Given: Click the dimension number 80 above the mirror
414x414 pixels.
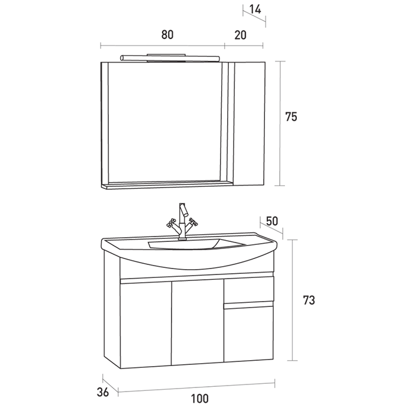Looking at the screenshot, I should tap(167, 35).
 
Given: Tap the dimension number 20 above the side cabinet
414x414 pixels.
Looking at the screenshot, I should tap(240, 35).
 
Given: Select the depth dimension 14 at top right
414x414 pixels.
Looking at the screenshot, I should tap(255, 9).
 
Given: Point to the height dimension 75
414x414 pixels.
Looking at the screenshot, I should tap(290, 117).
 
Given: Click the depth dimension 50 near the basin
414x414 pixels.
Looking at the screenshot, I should tap(272, 221).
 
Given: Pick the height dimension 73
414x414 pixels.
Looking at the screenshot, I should tap(308, 300).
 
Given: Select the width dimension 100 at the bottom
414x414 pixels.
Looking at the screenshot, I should tap(200, 399).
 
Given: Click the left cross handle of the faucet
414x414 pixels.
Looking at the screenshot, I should tap(171, 223).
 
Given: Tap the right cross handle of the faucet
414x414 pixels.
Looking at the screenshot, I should tap(192, 223).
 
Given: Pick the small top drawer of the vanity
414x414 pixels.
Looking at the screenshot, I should tap(248, 290).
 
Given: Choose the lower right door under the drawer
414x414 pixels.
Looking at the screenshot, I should tap(248, 335).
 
